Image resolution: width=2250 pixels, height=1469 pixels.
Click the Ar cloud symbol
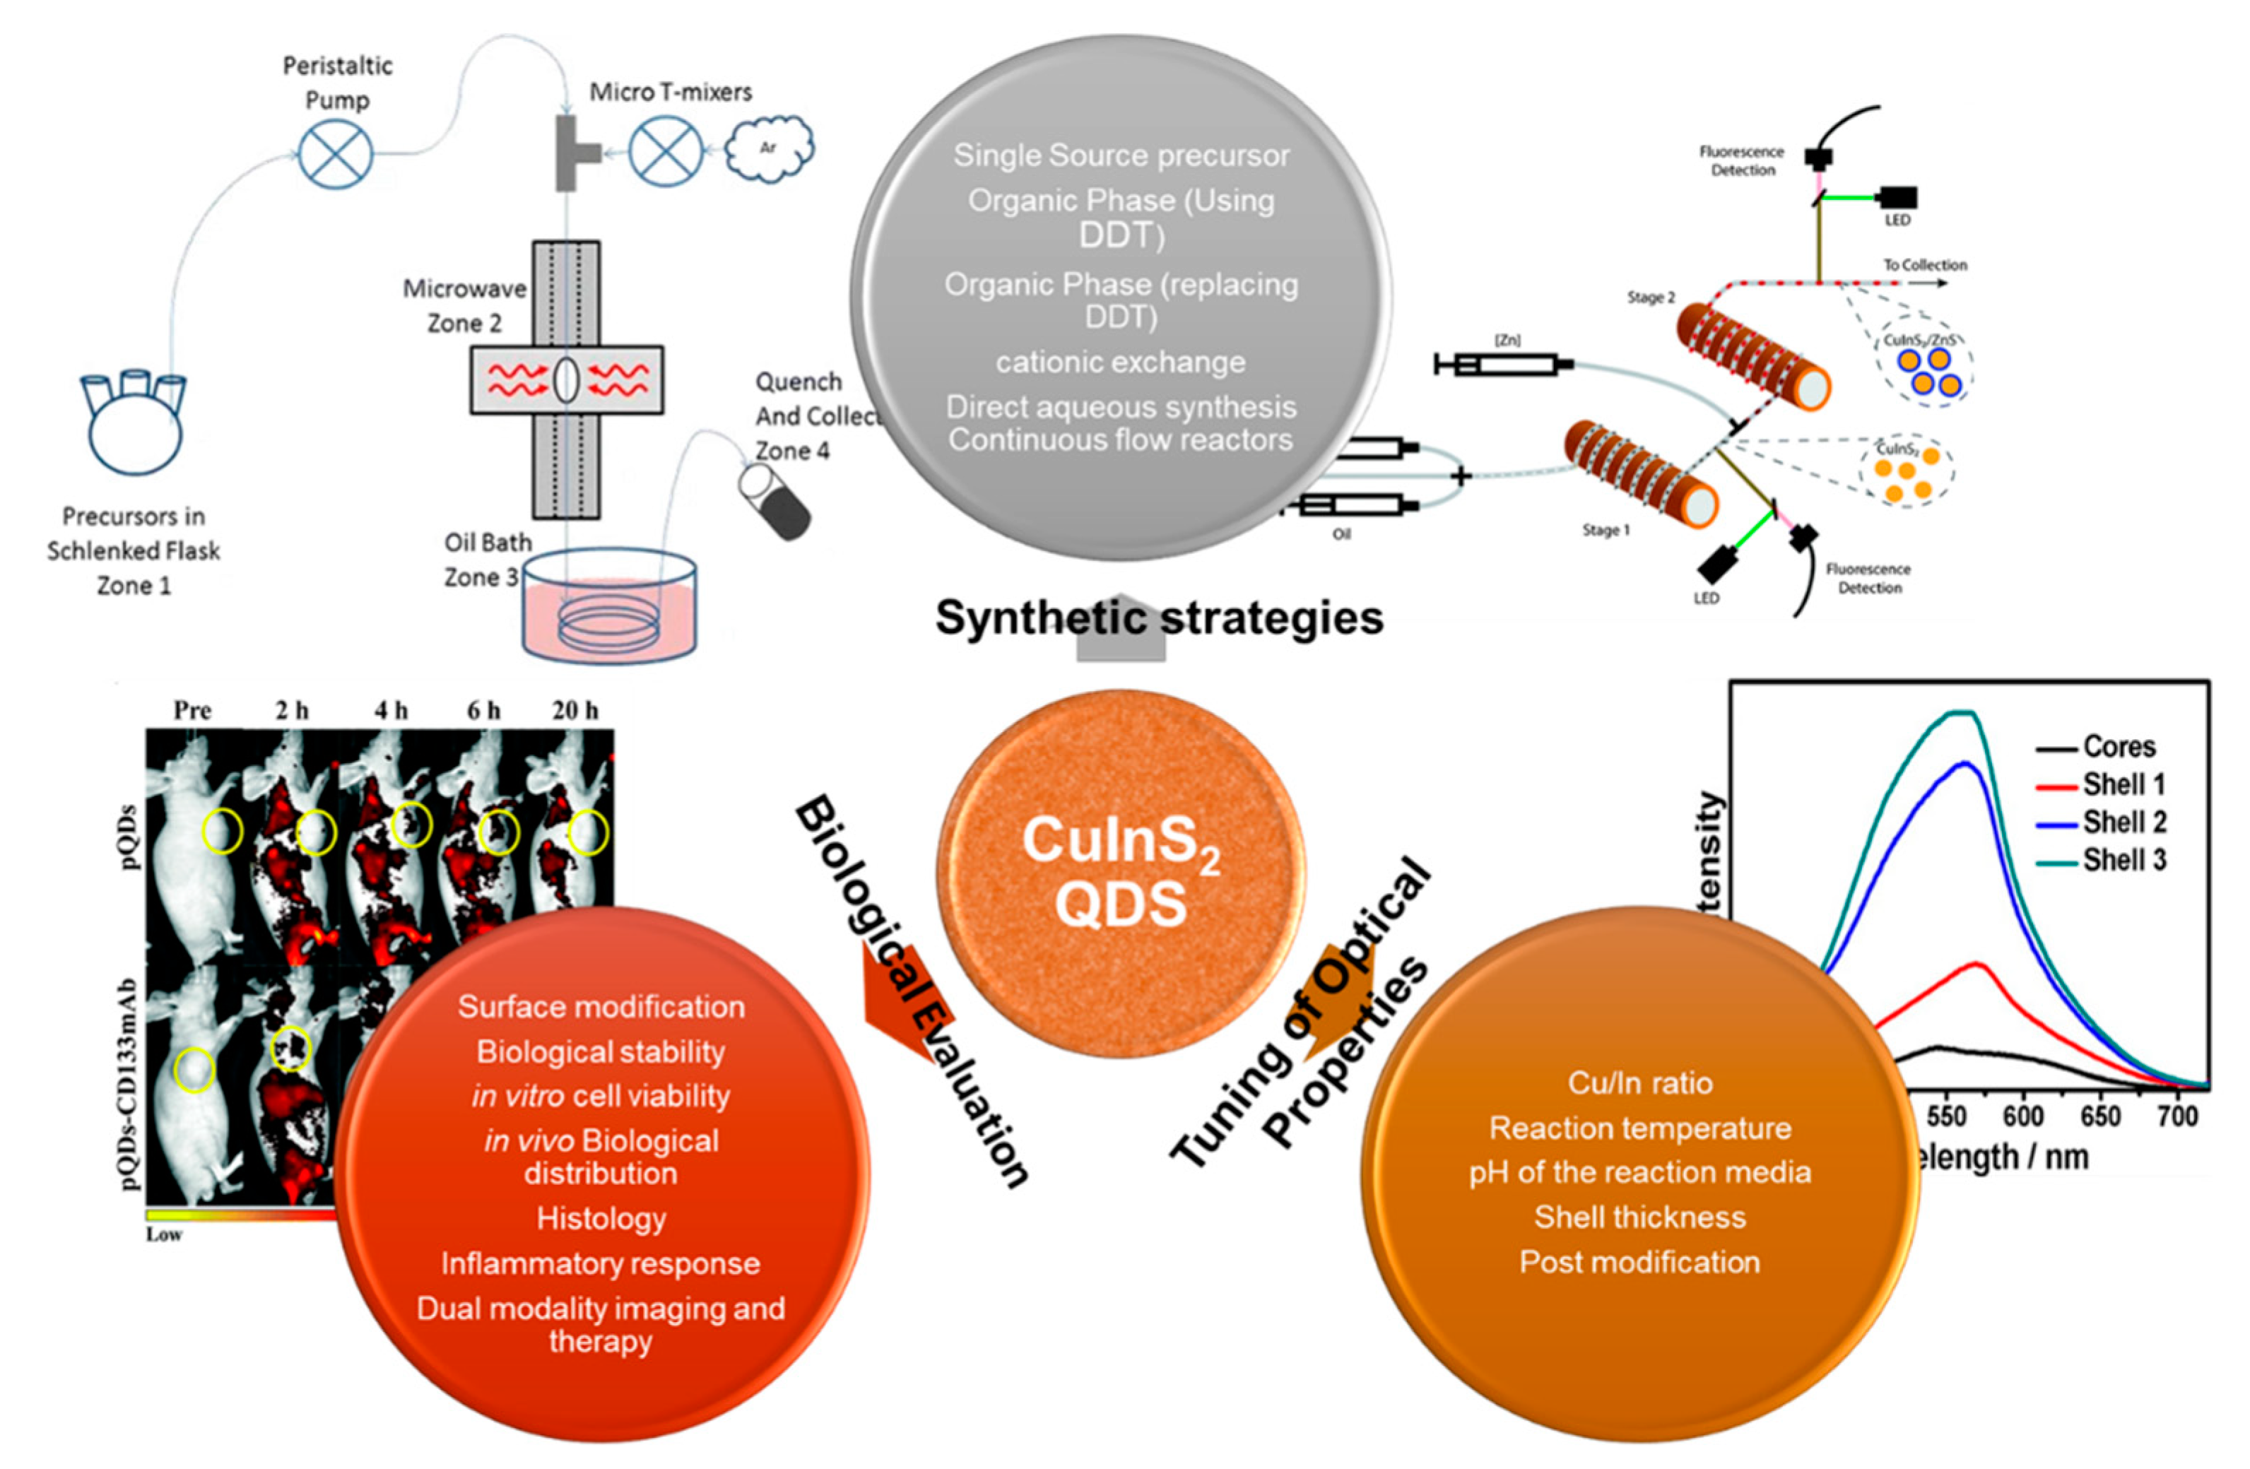pos(770,148)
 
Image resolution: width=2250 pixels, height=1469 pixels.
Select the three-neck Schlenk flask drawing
pos(134,420)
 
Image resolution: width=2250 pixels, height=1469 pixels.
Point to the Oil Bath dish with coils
pos(610,605)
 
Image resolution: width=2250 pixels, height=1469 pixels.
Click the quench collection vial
pos(773,502)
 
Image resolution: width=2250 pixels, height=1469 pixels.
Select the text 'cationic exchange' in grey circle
pos(1120,362)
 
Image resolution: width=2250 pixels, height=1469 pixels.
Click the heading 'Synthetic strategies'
pos(1159,618)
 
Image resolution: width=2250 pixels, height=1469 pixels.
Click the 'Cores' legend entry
pos(2119,747)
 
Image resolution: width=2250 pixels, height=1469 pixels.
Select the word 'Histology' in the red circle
pos(601,1218)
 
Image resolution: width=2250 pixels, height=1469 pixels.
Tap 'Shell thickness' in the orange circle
pos(1639,1217)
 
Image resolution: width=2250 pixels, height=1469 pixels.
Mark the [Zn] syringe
pos(1503,364)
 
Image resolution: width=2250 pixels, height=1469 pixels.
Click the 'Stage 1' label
pos(1606,531)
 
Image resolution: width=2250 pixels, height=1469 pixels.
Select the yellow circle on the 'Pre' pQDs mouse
pos(222,831)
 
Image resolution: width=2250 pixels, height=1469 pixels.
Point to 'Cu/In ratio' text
pos(1639,1083)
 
